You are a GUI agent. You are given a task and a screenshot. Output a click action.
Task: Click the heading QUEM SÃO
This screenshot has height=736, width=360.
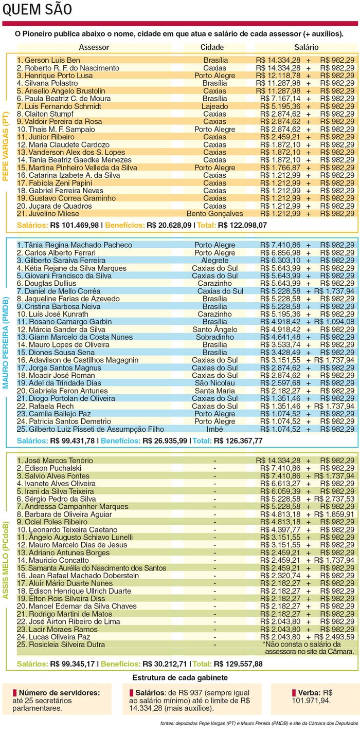click(x=37, y=9)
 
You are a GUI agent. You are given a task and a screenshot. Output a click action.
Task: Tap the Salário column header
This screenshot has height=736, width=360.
click(x=306, y=47)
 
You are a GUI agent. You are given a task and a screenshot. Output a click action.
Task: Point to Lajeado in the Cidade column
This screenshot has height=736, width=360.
click(x=215, y=106)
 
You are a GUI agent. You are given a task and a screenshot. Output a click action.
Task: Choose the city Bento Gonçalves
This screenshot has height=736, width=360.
click(x=215, y=213)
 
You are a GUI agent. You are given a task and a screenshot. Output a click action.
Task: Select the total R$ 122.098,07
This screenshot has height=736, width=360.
click(x=242, y=226)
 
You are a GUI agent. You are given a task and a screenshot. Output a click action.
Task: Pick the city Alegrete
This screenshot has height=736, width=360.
click(x=215, y=260)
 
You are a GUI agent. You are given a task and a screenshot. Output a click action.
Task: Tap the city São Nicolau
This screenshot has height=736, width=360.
click(x=215, y=383)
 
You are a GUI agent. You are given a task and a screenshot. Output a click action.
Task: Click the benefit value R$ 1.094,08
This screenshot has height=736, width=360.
click(x=337, y=321)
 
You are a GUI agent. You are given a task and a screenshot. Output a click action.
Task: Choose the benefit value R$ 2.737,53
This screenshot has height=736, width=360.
click(x=337, y=499)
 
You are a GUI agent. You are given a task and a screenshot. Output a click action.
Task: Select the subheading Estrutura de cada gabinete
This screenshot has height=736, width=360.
click(x=180, y=677)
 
